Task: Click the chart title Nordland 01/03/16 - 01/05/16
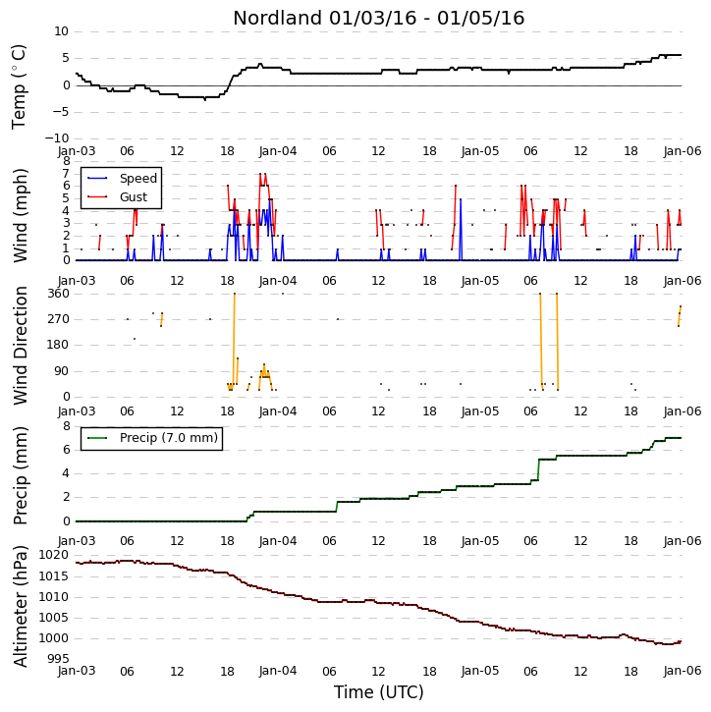(379, 18)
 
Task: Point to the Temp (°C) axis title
(19, 86)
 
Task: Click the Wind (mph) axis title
(20, 215)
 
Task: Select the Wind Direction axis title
(20, 346)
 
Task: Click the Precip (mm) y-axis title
(20, 475)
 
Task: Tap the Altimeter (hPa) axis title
(20, 606)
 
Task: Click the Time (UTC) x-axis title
(379, 692)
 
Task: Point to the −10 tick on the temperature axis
(57, 138)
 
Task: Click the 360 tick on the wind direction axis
(59, 294)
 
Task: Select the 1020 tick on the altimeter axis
(54, 555)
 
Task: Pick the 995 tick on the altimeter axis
(58, 658)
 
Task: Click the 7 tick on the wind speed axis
(66, 174)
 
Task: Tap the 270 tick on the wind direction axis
(59, 319)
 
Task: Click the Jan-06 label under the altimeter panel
(683, 671)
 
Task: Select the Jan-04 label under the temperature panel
(278, 151)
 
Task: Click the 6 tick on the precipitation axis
(67, 450)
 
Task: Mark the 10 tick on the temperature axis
(61, 31)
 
